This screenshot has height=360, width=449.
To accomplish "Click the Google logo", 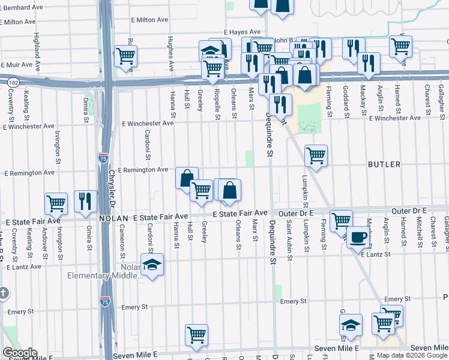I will [x=20, y=353].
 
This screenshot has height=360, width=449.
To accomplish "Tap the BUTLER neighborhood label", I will [x=384, y=164].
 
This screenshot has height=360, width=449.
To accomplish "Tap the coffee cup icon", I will [x=359, y=237].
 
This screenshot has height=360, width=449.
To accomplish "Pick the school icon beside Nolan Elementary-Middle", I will [x=152, y=265].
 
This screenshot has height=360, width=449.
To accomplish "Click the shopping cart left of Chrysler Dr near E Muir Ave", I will [x=125, y=56].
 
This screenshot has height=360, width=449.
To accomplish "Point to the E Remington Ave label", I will [x=143, y=170].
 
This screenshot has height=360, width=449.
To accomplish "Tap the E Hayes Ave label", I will [x=242, y=32].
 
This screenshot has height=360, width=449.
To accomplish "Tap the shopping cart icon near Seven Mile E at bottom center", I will [x=196, y=335].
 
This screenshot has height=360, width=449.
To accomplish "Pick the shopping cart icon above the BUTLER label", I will [x=316, y=156].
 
